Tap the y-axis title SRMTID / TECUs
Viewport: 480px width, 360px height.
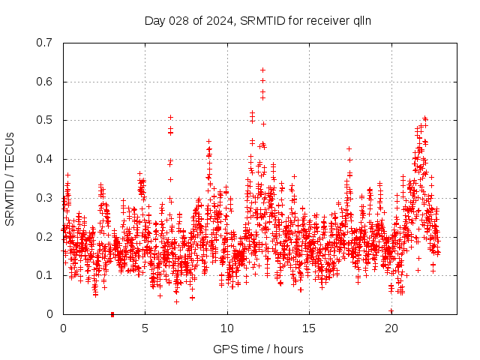point(10,179)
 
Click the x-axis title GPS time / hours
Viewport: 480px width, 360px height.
point(258,349)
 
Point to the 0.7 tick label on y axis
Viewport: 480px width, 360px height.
point(46,43)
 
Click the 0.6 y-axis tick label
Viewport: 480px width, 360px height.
point(46,82)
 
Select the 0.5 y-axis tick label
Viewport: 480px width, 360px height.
point(46,120)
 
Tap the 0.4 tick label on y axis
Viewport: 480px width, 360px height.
point(46,159)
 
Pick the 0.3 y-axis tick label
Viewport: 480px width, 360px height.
point(46,198)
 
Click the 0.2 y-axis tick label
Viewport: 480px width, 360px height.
point(46,236)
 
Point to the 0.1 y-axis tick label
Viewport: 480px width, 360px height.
point(46,275)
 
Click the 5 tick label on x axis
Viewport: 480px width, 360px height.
point(145,328)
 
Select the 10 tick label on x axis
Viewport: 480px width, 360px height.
point(227,328)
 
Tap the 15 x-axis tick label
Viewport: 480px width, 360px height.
point(309,328)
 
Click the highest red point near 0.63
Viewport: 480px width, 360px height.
point(262,70)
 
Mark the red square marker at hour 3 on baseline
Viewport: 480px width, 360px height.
point(112,314)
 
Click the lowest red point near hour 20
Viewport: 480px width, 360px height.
point(391,310)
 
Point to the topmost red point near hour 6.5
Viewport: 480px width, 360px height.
point(170,117)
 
